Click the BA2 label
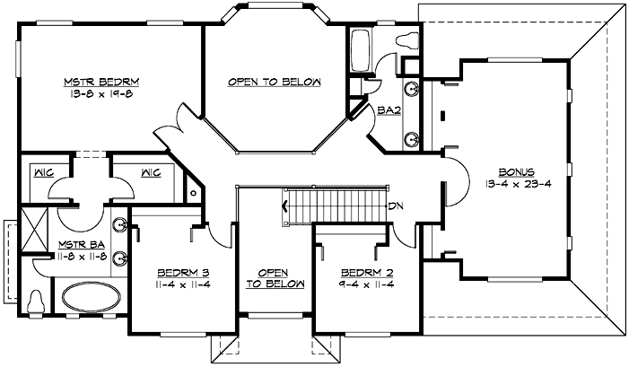pos(388,110)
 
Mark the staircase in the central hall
pos(334,205)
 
